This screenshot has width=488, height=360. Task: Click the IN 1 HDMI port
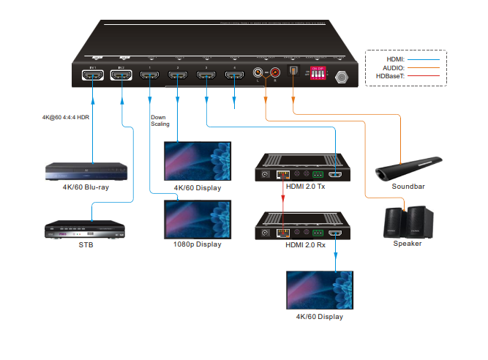pyautogui.click(x=93, y=75)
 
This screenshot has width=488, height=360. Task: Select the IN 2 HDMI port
pyautogui.click(x=122, y=75)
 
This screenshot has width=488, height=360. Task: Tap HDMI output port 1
pyautogui.click(x=151, y=75)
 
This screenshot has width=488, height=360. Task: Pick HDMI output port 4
pyautogui.click(x=234, y=75)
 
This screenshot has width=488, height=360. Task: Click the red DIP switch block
pyautogui.click(x=318, y=75)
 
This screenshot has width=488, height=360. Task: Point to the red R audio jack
pyautogui.click(x=276, y=72)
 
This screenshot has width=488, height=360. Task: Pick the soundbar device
pyautogui.click(x=409, y=168)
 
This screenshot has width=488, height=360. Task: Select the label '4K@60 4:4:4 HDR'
pyautogui.click(x=66, y=117)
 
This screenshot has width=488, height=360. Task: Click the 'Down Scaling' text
pyautogui.click(x=160, y=121)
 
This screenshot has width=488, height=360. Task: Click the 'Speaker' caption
pyautogui.click(x=408, y=244)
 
